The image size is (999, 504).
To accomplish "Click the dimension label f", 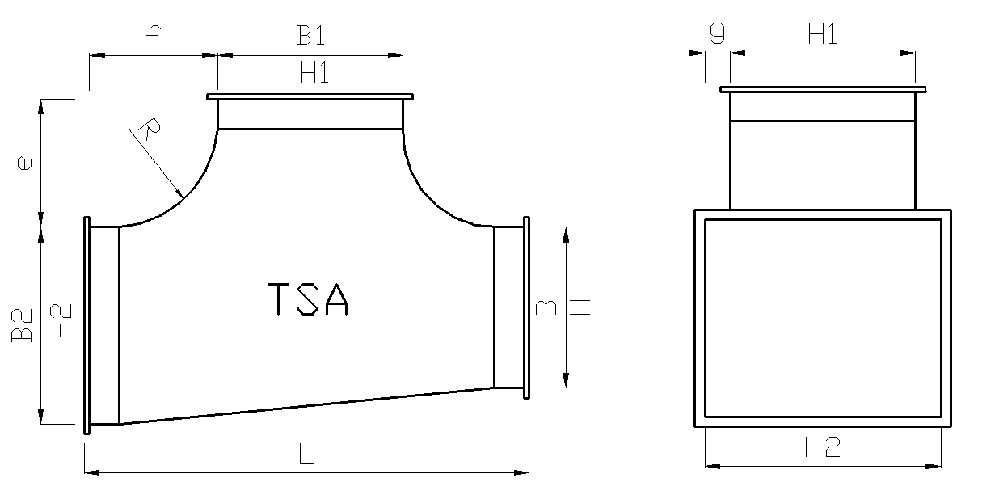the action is point(154,36).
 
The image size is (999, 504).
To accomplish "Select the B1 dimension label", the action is point(311,36).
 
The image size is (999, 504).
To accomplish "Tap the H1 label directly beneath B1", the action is point(315,72).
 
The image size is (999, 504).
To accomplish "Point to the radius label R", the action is point(150,129).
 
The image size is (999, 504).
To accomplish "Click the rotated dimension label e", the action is point(24,163).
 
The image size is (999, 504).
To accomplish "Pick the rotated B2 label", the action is point(22,325).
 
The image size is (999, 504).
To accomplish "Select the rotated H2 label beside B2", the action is point(61,321).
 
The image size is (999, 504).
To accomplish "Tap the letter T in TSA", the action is point(279,299).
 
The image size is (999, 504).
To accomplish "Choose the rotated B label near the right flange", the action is point(546,307).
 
